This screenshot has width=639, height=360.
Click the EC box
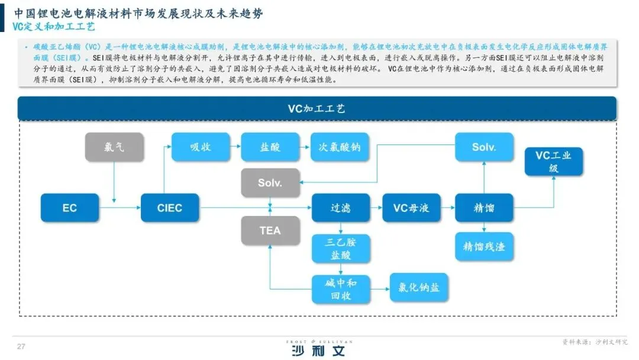pyautogui.click(x=69, y=208)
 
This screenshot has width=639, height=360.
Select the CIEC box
pyautogui.click(x=170, y=208)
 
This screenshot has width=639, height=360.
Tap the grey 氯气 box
pyautogui.click(x=114, y=147)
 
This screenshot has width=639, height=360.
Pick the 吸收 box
pyautogui.click(x=201, y=147)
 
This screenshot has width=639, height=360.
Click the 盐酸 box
pyautogui.click(x=270, y=147)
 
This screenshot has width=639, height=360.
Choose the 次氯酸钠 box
pyautogui.click(x=340, y=147)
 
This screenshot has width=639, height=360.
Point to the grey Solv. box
pyautogui.click(x=270, y=183)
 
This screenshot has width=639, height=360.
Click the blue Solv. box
pyautogui.click(x=484, y=147)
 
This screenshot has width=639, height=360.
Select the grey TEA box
pyautogui.click(x=270, y=231)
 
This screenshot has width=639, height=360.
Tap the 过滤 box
pyautogui.click(x=340, y=208)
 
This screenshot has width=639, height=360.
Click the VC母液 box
pyautogui.click(x=411, y=208)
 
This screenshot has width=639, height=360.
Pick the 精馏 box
pyautogui.click(x=484, y=208)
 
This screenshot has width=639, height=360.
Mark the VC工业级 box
pyautogui.click(x=553, y=162)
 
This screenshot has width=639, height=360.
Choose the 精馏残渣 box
pyautogui.click(x=484, y=246)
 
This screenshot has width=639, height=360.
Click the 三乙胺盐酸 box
pyautogui.click(x=341, y=249)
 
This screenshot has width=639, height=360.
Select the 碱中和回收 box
pyautogui.click(x=341, y=290)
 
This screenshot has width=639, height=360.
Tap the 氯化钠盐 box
pyautogui.click(x=419, y=288)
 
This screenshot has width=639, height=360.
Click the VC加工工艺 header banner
pyautogui.click(x=317, y=109)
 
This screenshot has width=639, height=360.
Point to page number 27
pyautogui.click(x=21, y=346)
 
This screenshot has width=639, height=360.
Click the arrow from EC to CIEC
pyautogui.click(x=119, y=208)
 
